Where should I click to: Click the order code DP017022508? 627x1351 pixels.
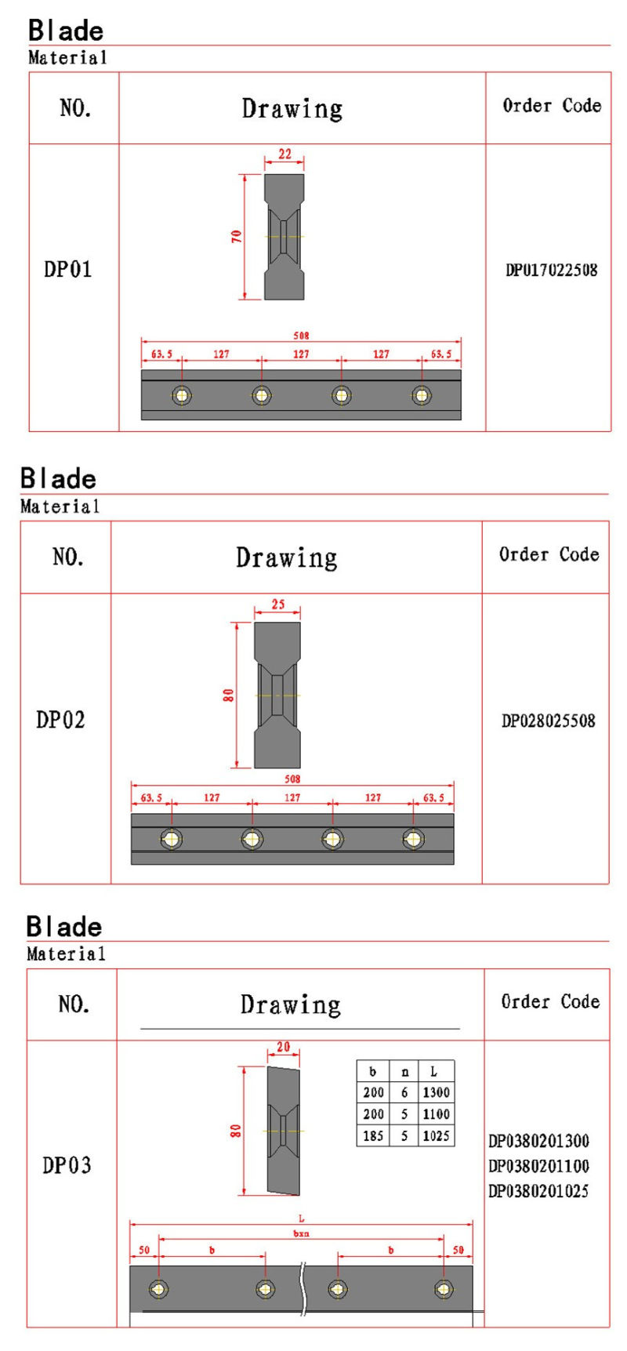551,271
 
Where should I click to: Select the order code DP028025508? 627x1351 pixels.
548,721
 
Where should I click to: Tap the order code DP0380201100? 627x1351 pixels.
538,1166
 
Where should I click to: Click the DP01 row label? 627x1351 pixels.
68,270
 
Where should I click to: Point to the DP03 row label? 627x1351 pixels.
67,1165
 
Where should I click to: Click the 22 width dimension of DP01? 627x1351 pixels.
285,154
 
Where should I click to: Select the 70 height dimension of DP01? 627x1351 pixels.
236,236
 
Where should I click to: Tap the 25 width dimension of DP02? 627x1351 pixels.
277,605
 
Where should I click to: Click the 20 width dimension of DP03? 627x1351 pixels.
283,1047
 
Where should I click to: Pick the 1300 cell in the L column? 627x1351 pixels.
436,1092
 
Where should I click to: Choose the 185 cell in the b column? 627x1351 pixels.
373,1135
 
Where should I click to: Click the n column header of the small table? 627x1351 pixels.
404,1072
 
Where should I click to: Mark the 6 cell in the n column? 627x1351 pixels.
404,1092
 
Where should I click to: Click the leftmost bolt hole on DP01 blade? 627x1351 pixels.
182,395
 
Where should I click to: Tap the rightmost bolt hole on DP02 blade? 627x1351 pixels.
413,839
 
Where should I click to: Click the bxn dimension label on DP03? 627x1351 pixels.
301,1233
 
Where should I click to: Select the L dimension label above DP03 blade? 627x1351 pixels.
301,1218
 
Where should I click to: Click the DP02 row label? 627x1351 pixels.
60,720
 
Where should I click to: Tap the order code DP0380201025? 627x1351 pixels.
538,1191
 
